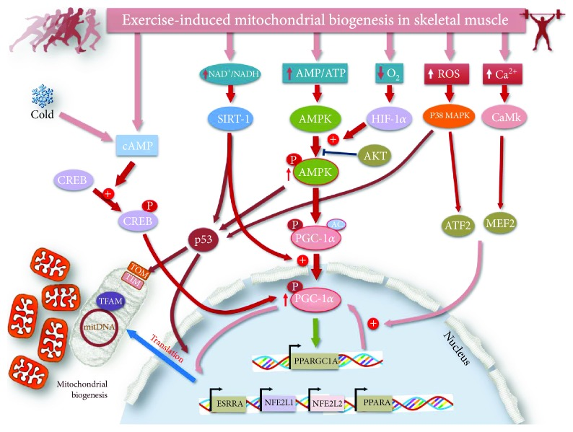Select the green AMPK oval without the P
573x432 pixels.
coord(315,119)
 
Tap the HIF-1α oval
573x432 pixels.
coord(389,118)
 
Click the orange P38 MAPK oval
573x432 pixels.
coord(449,116)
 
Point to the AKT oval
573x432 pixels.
coord(375,156)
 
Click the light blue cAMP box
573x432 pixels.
coord(137,146)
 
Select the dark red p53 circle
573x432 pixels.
coord(204,240)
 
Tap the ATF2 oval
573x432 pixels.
coord(458,225)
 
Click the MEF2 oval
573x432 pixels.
coord(500,223)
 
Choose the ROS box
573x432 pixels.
coord(446,74)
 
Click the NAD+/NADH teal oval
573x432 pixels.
coord(231,74)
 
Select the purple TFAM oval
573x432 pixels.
coord(110,301)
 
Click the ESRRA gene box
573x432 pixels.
coord(229,404)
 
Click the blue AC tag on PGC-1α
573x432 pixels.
coord(336,224)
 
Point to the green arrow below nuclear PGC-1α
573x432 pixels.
coord(316,332)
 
